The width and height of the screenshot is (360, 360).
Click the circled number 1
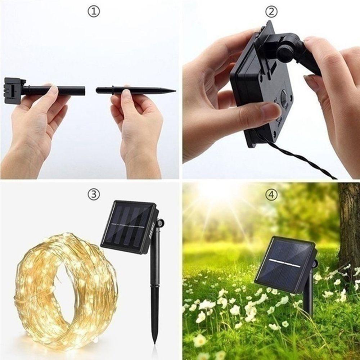93,12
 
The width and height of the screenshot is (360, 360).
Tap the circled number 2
271,12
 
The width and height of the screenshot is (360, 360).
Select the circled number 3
93,195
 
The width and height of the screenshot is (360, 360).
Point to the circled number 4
271,195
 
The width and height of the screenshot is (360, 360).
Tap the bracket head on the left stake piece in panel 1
14,90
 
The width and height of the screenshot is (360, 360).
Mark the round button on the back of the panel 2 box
284,98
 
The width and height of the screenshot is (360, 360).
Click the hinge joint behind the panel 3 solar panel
160,224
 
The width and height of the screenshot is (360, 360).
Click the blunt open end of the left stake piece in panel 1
84,90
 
